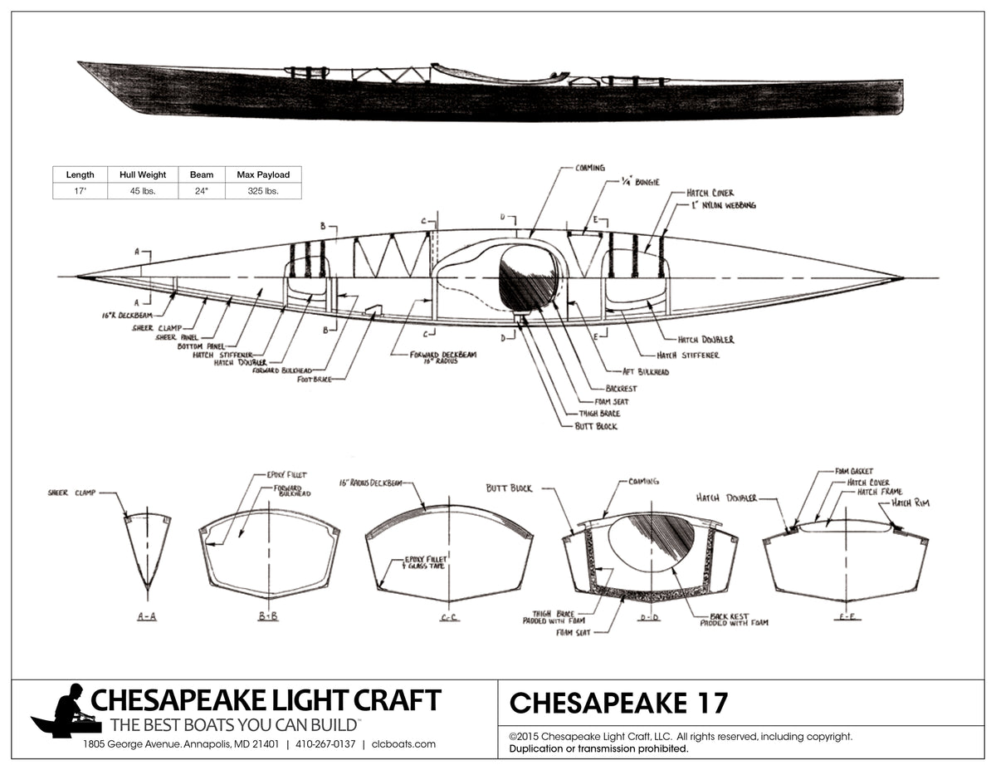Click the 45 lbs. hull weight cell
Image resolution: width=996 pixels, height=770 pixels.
149,191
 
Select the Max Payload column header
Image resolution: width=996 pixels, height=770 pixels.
263,174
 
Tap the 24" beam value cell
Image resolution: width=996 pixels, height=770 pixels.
202,191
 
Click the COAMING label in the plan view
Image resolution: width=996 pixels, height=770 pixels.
589,168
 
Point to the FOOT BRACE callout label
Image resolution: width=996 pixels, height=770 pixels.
315,379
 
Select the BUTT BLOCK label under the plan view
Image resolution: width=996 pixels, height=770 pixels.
596,426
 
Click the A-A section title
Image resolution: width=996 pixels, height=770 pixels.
147,616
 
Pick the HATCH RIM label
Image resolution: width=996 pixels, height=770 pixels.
911,503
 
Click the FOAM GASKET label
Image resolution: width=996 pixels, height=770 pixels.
854,471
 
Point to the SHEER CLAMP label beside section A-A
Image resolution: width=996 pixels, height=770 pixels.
71,493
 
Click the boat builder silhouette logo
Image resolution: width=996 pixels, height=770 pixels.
66,712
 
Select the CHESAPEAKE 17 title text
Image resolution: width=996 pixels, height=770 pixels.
618,703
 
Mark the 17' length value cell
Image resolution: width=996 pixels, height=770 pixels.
81,191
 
